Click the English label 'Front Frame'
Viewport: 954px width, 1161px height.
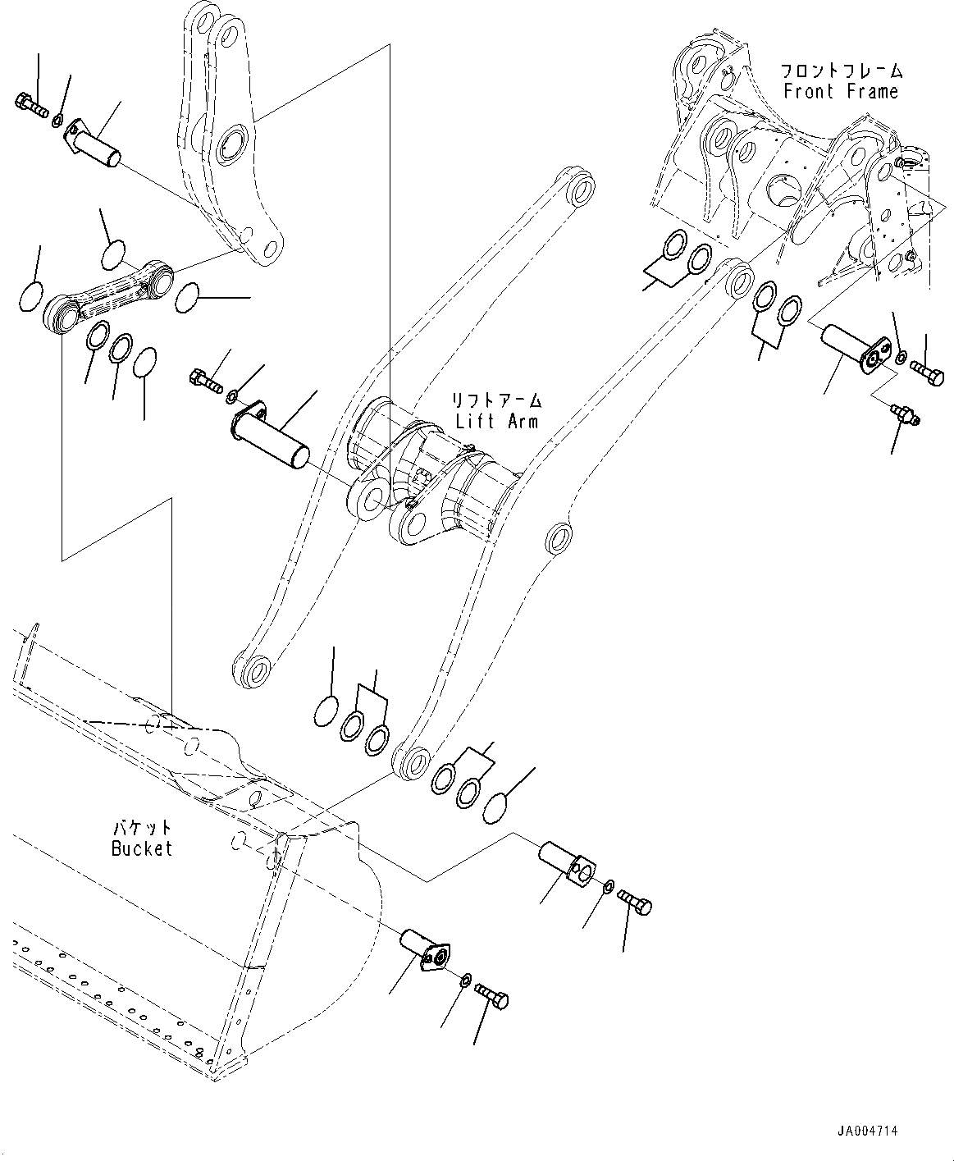pyautogui.click(x=841, y=91)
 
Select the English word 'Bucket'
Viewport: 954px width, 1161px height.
pyautogui.click(x=142, y=848)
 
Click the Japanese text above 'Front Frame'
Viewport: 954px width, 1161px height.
pyautogui.click(x=841, y=71)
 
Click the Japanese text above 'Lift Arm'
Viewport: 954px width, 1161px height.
pyautogui.click(x=497, y=400)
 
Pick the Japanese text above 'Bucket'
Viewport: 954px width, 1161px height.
pyautogui.click(x=141, y=828)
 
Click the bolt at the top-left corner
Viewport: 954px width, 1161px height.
pyautogui.click(x=31, y=105)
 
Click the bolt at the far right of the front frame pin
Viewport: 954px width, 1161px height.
pyautogui.click(x=928, y=373)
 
